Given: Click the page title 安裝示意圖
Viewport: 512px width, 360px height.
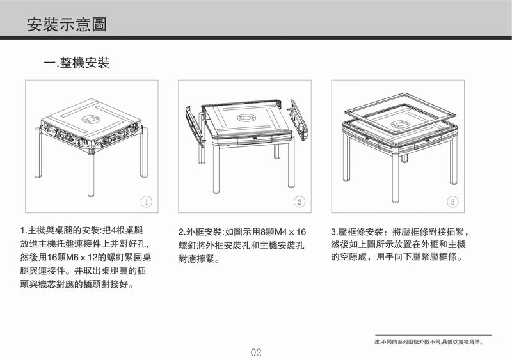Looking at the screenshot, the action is tap(67, 24).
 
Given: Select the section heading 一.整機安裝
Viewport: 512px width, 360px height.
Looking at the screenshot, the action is tap(77, 63).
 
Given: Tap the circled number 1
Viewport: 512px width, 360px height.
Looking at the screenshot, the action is tap(147, 201).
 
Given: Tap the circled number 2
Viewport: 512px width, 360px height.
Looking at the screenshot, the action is tap(300, 201).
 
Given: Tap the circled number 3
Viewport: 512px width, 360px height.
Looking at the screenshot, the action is tap(452, 201).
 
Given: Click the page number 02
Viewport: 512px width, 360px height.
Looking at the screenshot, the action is tap(256, 352).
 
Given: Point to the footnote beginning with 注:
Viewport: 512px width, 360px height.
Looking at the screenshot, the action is tap(429, 342).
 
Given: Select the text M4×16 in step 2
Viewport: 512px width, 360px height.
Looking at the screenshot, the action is tap(291, 232).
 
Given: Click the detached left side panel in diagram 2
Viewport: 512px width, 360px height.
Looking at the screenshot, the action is tap(195, 126).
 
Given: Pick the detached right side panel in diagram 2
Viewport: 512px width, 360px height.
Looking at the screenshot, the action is tap(297, 120).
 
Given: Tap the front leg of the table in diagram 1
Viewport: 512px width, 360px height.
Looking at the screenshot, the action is tap(91, 173).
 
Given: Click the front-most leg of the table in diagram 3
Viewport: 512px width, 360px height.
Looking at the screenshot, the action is tap(396, 179).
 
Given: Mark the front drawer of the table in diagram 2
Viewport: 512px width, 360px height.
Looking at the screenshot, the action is tap(255, 139).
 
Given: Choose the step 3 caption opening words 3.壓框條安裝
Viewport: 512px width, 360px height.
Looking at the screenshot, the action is tap(357, 232).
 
